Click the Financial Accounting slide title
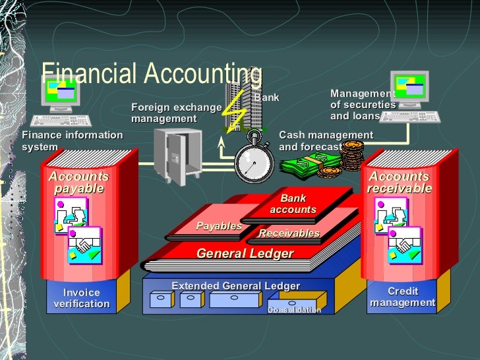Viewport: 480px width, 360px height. (152, 75)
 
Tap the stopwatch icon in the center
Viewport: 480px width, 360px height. (254, 160)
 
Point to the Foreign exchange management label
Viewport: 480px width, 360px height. (176, 113)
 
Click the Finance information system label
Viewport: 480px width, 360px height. (72, 140)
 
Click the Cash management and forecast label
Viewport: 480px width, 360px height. (326, 140)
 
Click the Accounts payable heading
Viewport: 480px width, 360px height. (79, 183)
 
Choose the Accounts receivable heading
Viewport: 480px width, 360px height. (400, 183)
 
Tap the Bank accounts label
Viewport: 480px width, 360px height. (293, 204)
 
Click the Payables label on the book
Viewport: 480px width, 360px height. (218, 226)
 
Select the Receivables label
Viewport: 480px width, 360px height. (289, 233)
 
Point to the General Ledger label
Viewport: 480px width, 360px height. (245, 253)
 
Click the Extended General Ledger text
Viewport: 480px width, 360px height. (235, 285)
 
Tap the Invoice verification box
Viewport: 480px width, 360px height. (82, 298)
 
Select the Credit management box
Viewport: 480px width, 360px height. (403, 297)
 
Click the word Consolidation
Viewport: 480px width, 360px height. (295, 310)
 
